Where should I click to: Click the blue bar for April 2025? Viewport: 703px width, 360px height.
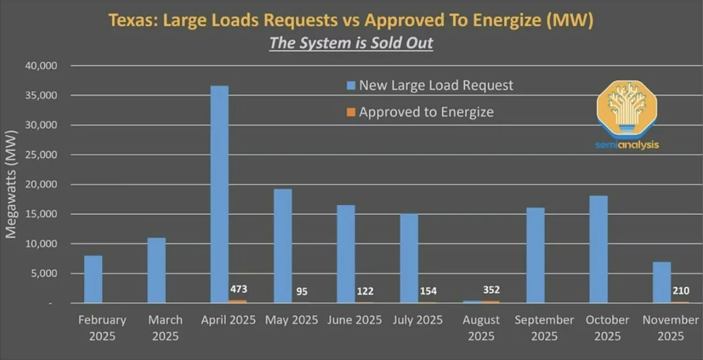tap(219, 194)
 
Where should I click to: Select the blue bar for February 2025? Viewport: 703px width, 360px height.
tap(93, 279)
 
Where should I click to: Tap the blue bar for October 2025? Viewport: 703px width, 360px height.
tap(598, 249)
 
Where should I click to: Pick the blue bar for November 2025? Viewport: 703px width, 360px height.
tap(662, 282)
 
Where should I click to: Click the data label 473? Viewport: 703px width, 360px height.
tap(238, 290)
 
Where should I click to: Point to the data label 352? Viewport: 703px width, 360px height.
tap(491, 290)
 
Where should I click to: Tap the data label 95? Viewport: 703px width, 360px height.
tap(302, 291)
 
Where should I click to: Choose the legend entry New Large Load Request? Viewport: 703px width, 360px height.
tap(436, 85)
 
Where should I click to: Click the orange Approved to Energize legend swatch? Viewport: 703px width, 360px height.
tap(351, 112)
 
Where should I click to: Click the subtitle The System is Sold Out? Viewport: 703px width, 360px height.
tap(351, 43)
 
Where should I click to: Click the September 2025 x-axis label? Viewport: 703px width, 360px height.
tap(545, 327)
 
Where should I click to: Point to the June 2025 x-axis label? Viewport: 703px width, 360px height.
tap(355, 320)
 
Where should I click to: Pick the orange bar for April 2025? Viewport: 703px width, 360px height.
tap(238, 301)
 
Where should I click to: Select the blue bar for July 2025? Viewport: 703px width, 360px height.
tap(409, 258)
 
